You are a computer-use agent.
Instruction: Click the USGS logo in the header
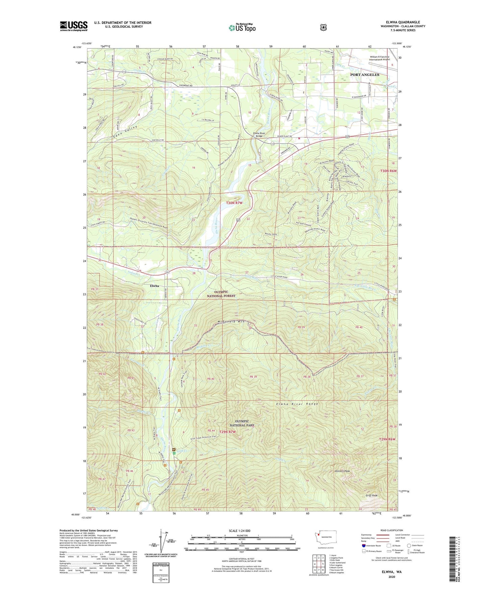[74, 26]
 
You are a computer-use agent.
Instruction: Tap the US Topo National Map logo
[242, 28]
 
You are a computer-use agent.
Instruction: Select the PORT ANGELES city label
[364, 75]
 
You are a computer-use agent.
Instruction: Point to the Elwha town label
[154, 286]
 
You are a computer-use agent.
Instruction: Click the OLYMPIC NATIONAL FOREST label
[221, 294]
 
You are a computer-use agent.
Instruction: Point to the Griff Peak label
[371, 496]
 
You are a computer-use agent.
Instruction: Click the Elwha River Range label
[297, 404]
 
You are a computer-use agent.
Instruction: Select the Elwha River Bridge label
[261, 135]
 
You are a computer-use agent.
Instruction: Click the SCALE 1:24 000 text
[241, 531]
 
